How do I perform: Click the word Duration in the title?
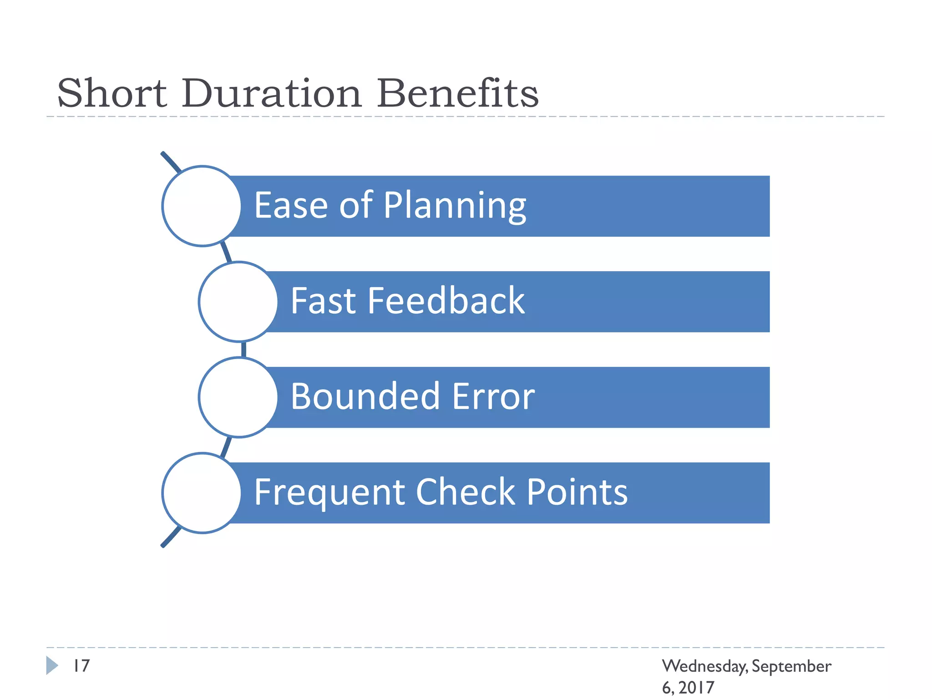[272, 93]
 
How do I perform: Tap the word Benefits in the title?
[457, 93]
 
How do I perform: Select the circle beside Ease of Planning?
[202, 206]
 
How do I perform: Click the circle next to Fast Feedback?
[238, 302]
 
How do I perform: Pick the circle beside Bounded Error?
[238, 397]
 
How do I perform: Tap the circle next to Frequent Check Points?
[202, 493]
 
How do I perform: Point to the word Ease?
[291, 206]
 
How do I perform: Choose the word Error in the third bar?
[493, 396]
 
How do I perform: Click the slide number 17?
[82, 666]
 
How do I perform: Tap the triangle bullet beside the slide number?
[52, 665]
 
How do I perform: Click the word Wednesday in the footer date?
[704, 667]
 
